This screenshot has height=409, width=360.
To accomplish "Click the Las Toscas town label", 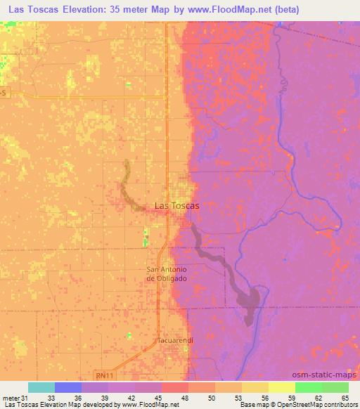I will (x=176, y=206).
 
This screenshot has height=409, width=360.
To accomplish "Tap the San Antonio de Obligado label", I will (x=167, y=274).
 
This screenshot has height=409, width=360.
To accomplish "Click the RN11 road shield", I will (x=105, y=375).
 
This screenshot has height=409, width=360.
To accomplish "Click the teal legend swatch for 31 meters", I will (x=41, y=387).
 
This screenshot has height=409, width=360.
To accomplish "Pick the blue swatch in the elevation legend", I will (x=67, y=387).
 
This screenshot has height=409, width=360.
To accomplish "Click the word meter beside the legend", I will (x=12, y=398).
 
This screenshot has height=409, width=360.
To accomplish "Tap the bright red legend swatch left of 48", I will (x=174, y=387).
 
